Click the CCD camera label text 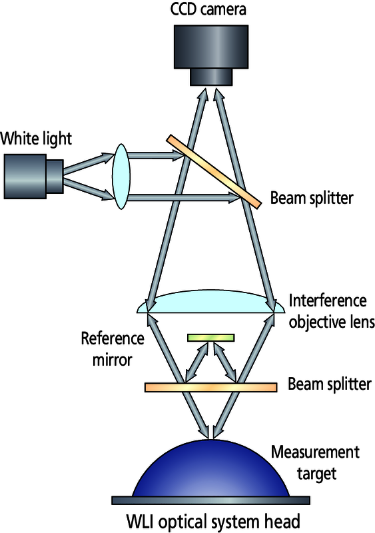click(208, 9)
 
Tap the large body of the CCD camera click(210, 47)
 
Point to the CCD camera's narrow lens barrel click(210, 77)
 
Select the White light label click(36, 139)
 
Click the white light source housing click(33, 176)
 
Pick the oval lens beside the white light click(121, 176)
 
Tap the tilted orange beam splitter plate click(214, 171)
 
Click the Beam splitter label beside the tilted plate click(312, 198)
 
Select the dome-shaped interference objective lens click(210, 302)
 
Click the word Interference click(328, 300)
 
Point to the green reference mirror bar click(210, 338)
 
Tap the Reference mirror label click(113, 349)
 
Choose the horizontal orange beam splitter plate click(210, 388)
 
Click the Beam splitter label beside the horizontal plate click(330, 384)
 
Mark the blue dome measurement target click(210, 469)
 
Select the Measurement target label click(315, 462)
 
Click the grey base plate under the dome click(210, 500)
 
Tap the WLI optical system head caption click(214, 522)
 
